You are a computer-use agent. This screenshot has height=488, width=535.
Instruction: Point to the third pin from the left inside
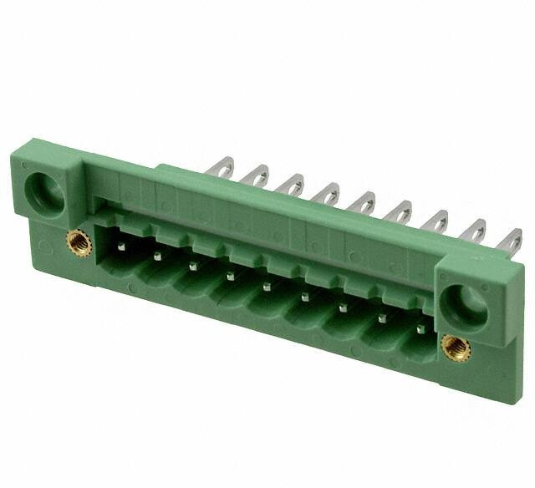point(193,266)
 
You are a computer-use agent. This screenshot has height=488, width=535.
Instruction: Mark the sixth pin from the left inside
point(303,297)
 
